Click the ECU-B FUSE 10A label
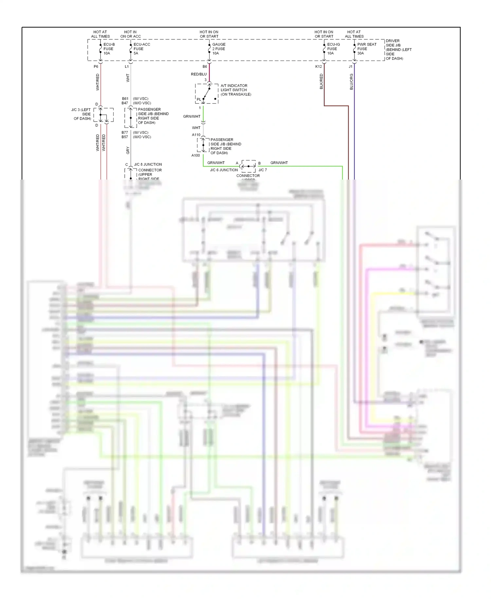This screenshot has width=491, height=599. [x=109, y=49]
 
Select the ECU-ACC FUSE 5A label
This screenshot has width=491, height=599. [x=141, y=49]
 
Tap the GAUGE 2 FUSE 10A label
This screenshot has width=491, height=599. [x=219, y=49]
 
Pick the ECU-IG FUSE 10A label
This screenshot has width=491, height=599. [x=333, y=49]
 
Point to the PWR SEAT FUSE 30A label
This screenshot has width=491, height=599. [x=366, y=49]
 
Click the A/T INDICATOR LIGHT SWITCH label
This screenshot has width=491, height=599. [x=236, y=90]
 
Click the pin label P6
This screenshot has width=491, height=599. [x=96, y=67]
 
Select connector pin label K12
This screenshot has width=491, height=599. [x=318, y=67]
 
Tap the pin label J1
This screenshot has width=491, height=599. [x=350, y=67]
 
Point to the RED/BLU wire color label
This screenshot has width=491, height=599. [x=199, y=74]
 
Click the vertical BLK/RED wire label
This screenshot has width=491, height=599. [x=321, y=81]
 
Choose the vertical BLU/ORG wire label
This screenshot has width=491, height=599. [x=351, y=82]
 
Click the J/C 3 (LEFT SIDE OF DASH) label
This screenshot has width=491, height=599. [x=82, y=114]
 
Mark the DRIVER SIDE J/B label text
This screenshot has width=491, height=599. [x=398, y=49]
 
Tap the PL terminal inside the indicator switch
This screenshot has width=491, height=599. [x=199, y=99]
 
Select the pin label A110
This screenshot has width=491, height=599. [x=196, y=135]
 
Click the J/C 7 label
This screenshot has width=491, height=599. [x=263, y=170]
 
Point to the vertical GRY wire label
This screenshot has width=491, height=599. [x=128, y=150]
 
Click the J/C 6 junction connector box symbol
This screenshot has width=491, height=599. [x=248, y=166]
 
